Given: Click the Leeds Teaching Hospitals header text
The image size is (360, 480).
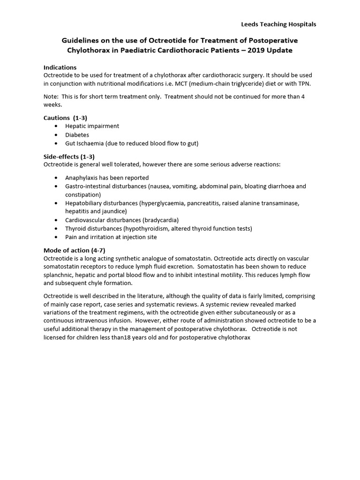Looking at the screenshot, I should click(278, 24).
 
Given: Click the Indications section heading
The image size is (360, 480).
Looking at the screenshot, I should click(60, 67).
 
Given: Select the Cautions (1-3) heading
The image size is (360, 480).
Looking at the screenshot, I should click(65, 118).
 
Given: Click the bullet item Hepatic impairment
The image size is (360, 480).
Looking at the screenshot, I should click(92, 126).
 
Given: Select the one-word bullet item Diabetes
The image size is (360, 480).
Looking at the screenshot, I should click(77, 135).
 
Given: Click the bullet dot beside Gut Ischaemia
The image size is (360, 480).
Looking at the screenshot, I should click(57, 143).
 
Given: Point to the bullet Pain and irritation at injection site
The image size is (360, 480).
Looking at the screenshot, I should click(111, 237).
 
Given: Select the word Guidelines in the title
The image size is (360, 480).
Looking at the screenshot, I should click(80, 40).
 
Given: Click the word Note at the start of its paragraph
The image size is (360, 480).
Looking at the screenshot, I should click(51, 97).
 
